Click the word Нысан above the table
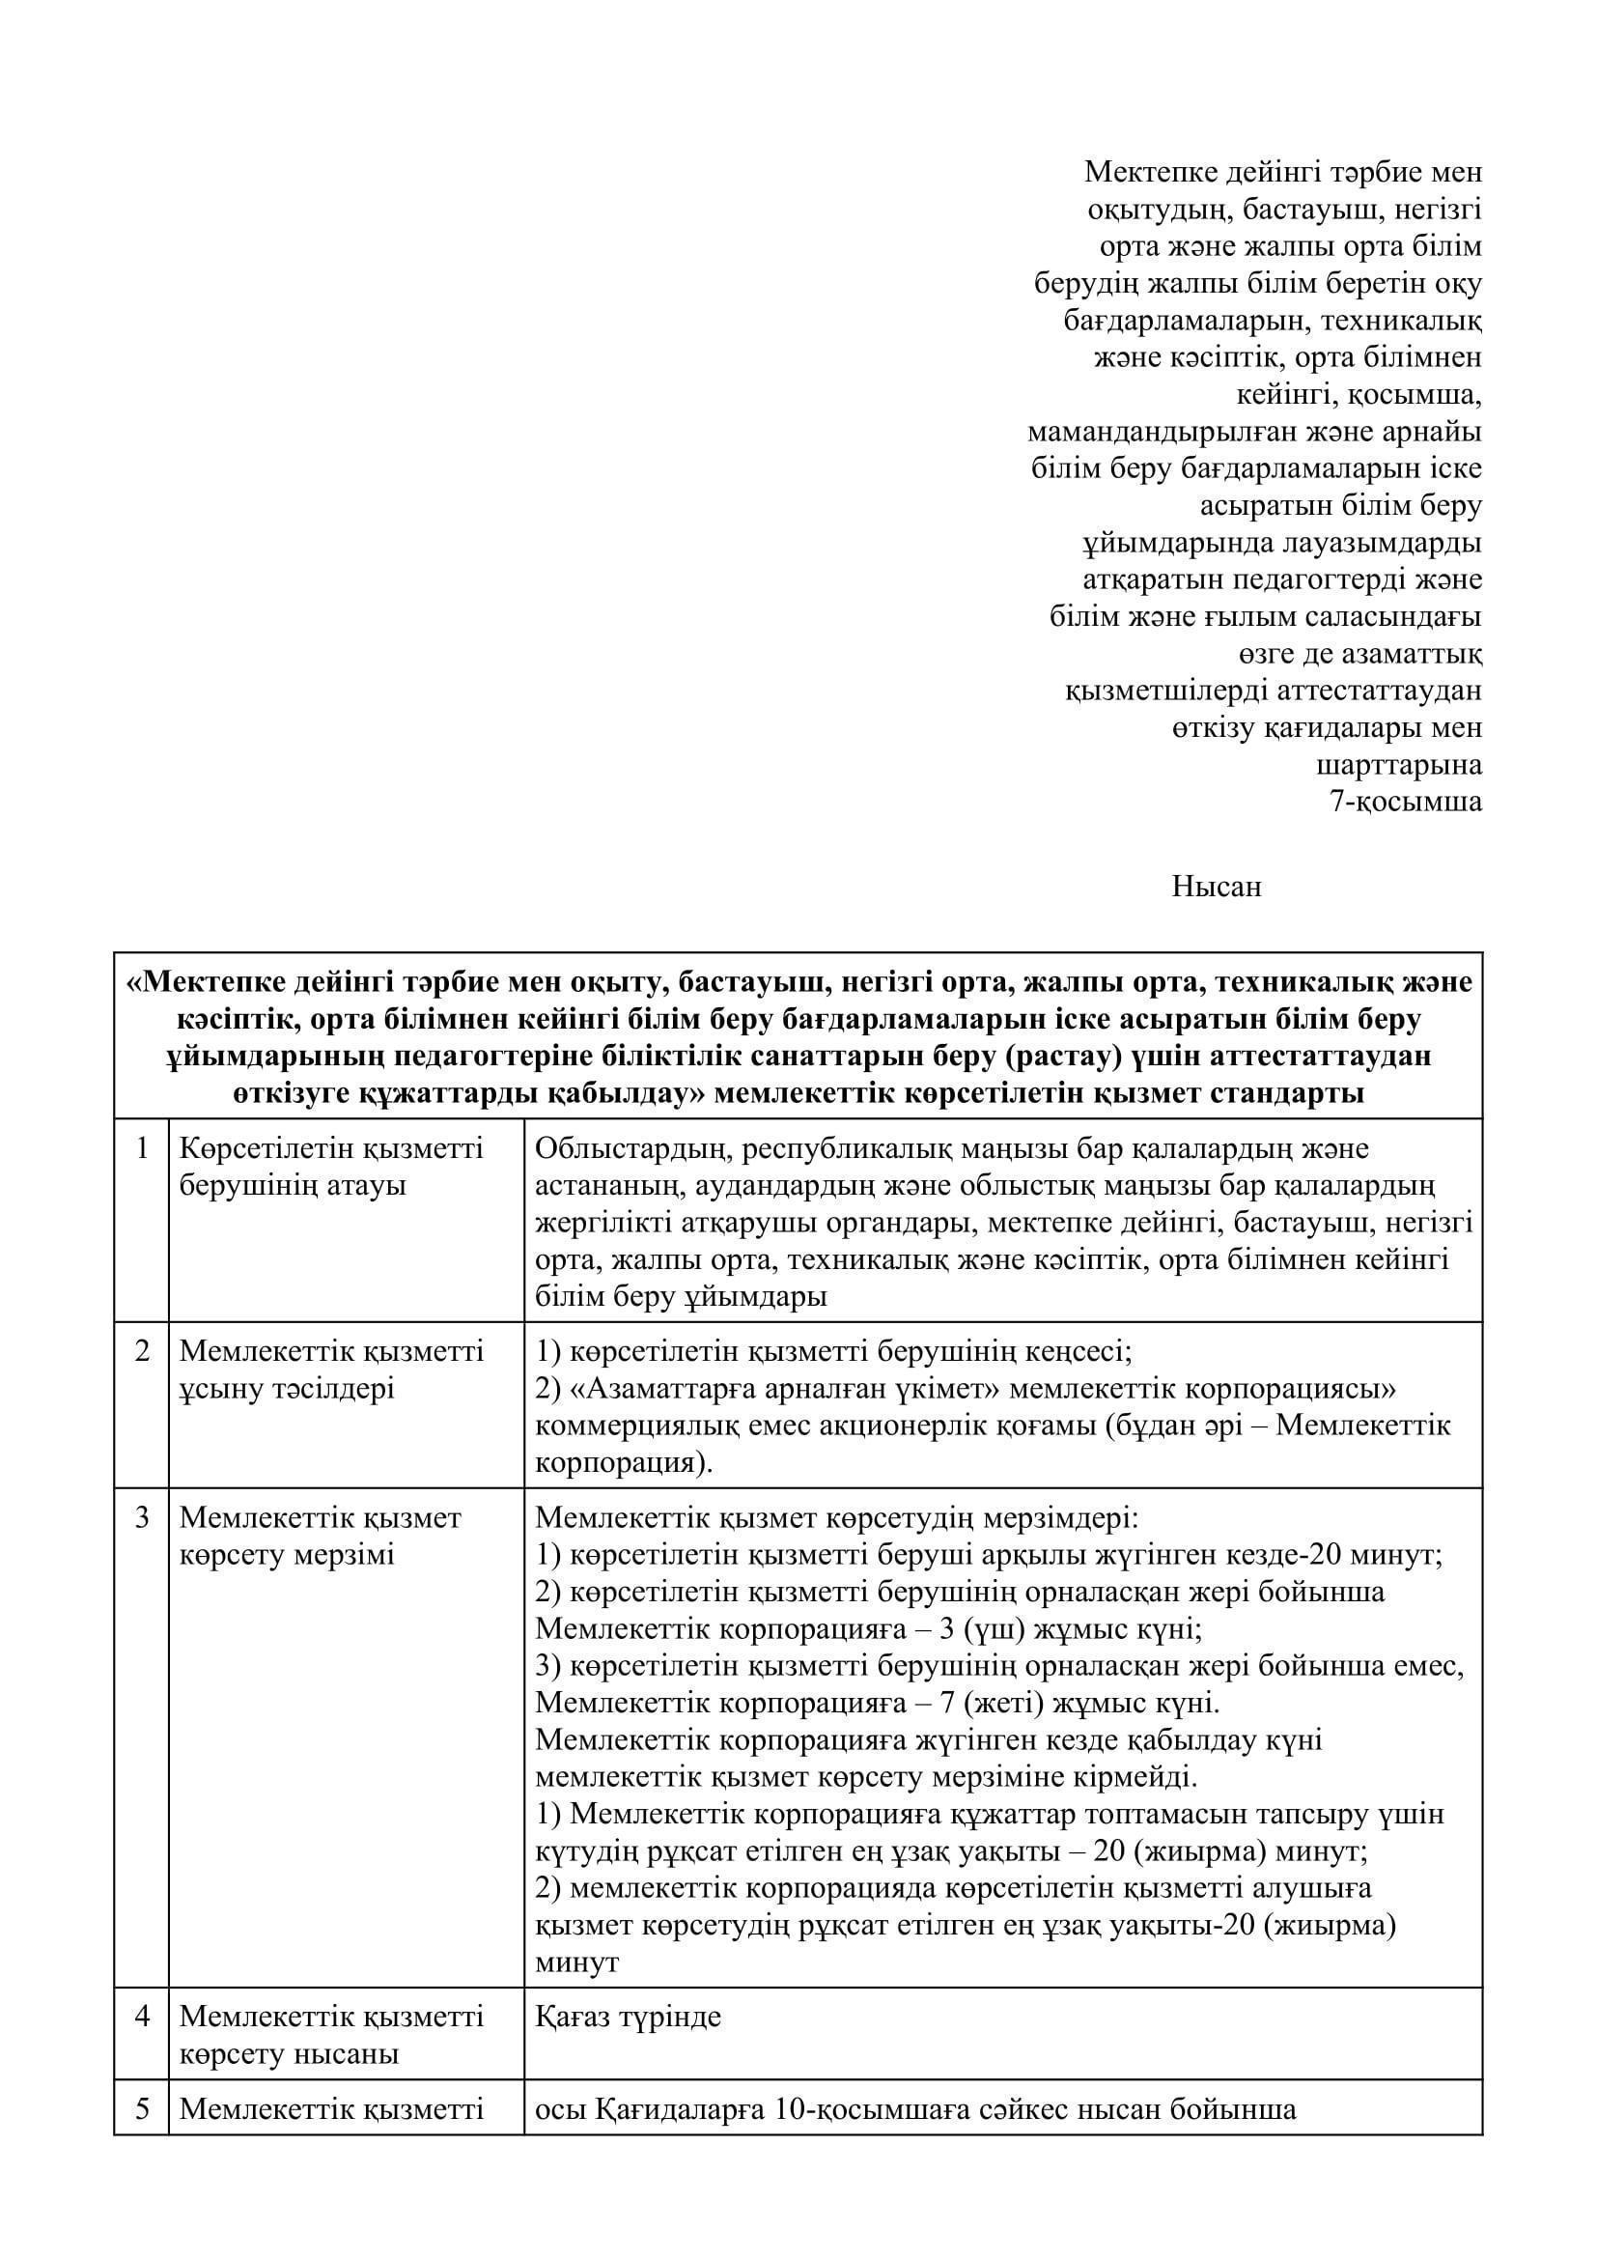click(x=1216, y=887)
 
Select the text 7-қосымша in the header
click(x=1405, y=801)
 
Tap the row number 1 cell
click(x=142, y=1148)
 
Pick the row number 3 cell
click(x=142, y=1517)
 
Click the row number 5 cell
click(x=142, y=2108)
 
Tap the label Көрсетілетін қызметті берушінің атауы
click(x=331, y=1167)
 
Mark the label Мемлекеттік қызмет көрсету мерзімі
click(x=320, y=1536)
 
